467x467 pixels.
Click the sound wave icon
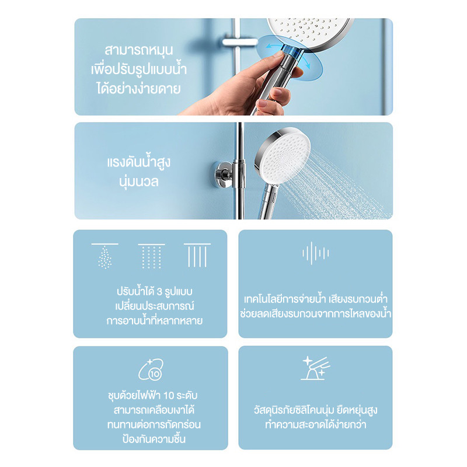315,253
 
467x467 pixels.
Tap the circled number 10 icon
151,370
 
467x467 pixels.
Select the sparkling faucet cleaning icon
315,368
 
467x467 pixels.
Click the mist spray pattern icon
105,256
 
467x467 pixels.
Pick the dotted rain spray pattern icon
151,256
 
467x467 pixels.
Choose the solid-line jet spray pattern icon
197,255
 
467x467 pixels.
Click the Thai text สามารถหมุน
139,51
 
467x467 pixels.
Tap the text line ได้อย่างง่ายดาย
139,89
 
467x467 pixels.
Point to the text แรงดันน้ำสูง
139,162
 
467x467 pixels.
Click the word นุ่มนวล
139,182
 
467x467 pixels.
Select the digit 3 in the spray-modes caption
159,292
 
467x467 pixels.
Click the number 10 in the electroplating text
169,395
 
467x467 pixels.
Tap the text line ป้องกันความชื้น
154,439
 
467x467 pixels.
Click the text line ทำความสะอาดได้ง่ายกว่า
316,425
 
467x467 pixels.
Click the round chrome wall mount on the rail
224,175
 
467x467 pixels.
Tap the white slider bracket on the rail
240,42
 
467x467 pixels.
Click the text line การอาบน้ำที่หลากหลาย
154,321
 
